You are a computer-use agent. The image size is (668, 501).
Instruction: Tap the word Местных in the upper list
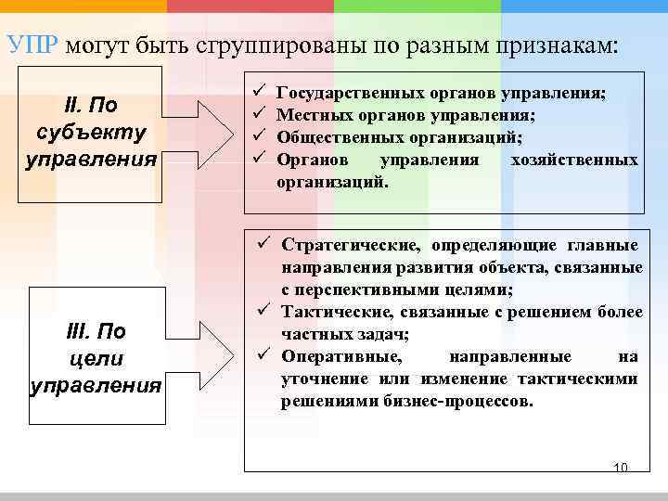[x=311, y=115]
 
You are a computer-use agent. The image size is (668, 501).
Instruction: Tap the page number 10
[x=621, y=467]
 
